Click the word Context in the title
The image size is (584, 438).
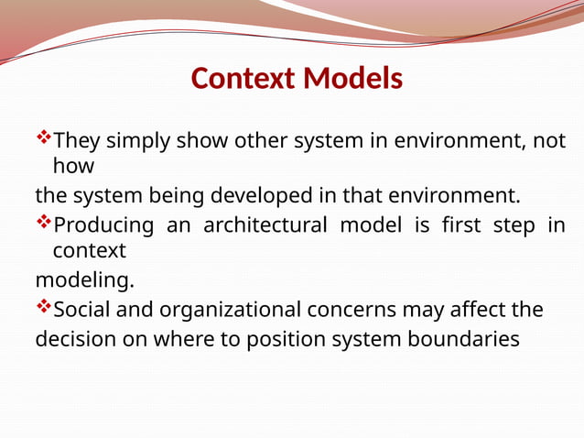pyautogui.click(x=243, y=80)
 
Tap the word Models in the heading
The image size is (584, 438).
pyautogui.click(x=353, y=80)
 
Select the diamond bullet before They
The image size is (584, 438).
pyautogui.click(x=43, y=140)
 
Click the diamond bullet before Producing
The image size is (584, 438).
pyautogui.click(x=43, y=224)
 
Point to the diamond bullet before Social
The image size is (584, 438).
pyautogui.click(x=43, y=308)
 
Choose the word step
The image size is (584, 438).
pyautogui.click(x=508, y=225)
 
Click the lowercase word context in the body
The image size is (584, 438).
pyautogui.click(x=89, y=250)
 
